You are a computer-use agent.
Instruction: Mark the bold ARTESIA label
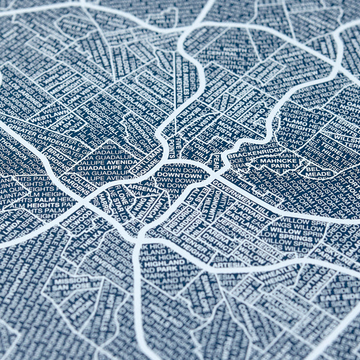(229, 264)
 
